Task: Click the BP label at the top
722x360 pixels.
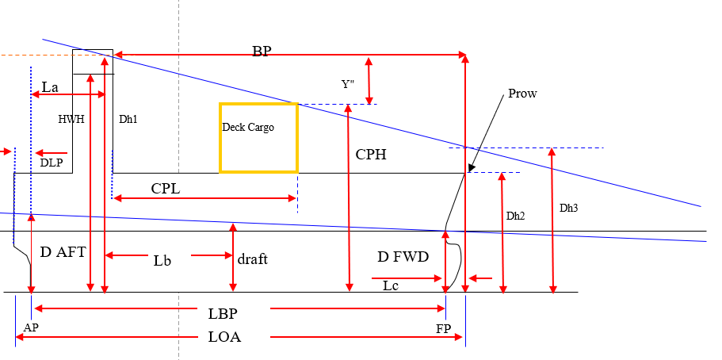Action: [x=262, y=52]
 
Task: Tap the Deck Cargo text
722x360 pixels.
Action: [x=248, y=127]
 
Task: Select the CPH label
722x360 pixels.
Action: [x=371, y=155]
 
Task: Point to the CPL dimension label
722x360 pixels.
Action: [x=166, y=189]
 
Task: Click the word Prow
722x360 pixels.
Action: [x=522, y=94]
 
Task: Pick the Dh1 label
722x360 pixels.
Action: [x=128, y=119]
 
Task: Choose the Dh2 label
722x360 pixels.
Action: [x=515, y=216]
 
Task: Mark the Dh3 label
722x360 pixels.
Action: [x=569, y=208]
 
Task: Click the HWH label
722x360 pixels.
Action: [x=71, y=119]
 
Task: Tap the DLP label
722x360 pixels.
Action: [x=51, y=163]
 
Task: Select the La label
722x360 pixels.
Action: [x=50, y=87]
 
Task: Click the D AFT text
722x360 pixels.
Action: [x=63, y=252]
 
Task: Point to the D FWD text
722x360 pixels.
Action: [x=403, y=257]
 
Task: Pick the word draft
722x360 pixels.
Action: [x=252, y=259]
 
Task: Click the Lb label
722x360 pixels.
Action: [x=162, y=260]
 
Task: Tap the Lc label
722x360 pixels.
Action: [x=391, y=285]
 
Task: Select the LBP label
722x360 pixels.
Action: [x=223, y=314]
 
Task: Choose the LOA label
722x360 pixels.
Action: [x=225, y=337]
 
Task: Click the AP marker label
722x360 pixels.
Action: [x=31, y=327]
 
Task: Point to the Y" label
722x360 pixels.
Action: [x=348, y=84]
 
